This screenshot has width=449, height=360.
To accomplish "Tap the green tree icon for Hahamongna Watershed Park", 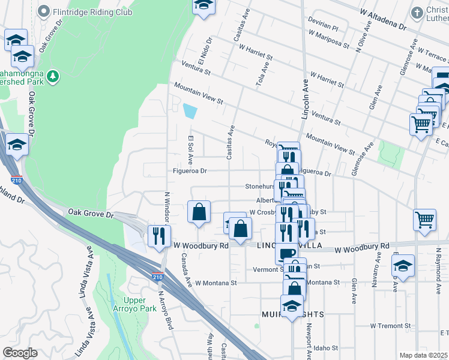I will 54,76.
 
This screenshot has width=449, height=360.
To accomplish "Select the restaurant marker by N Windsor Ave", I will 159,235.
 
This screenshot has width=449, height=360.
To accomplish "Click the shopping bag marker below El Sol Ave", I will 199,212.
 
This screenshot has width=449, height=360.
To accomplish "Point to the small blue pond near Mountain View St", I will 190,111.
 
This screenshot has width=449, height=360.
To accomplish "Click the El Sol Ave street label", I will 190,150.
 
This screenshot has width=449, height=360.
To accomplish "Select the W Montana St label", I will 216,283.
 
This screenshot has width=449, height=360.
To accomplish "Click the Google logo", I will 20,353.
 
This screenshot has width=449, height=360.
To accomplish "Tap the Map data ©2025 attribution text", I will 423,355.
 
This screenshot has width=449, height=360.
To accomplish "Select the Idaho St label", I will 326,347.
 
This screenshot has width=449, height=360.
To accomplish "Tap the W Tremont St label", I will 390,326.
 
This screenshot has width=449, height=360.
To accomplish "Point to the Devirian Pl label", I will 323,28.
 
